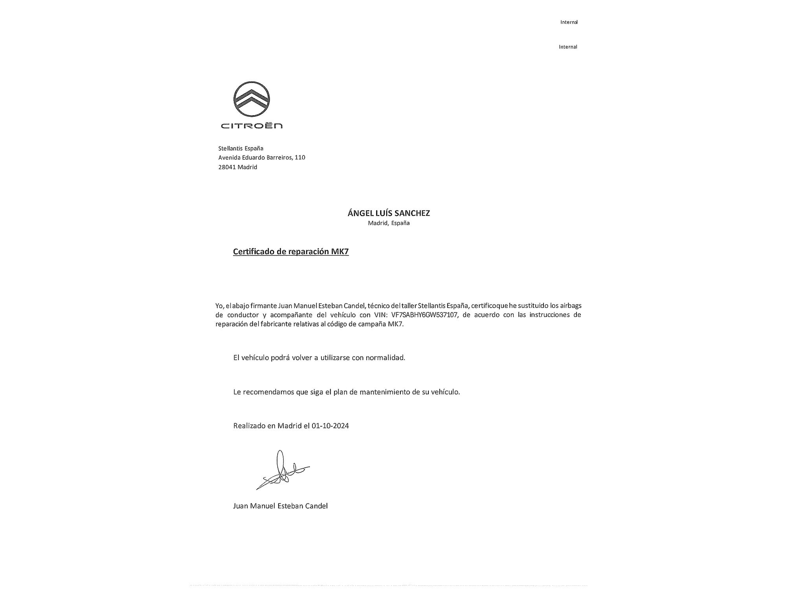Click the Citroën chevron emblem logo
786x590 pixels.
[x=252, y=100]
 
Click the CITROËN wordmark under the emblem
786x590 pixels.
[x=252, y=126]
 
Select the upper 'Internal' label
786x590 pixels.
[x=569, y=22]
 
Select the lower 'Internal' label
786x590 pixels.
[x=568, y=47]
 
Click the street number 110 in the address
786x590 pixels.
[x=300, y=157]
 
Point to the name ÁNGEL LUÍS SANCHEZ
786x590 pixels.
[x=389, y=213]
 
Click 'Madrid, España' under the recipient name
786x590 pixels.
[x=389, y=223]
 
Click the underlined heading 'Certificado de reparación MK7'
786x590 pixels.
[x=291, y=252]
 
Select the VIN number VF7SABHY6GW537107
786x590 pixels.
[x=424, y=315]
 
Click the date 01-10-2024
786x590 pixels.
[x=330, y=426]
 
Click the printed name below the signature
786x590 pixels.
[x=280, y=506]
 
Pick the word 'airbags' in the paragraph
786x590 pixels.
[x=571, y=306]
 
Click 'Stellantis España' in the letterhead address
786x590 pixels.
[x=241, y=148]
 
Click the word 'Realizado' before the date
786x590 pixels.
[x=249, y=426]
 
